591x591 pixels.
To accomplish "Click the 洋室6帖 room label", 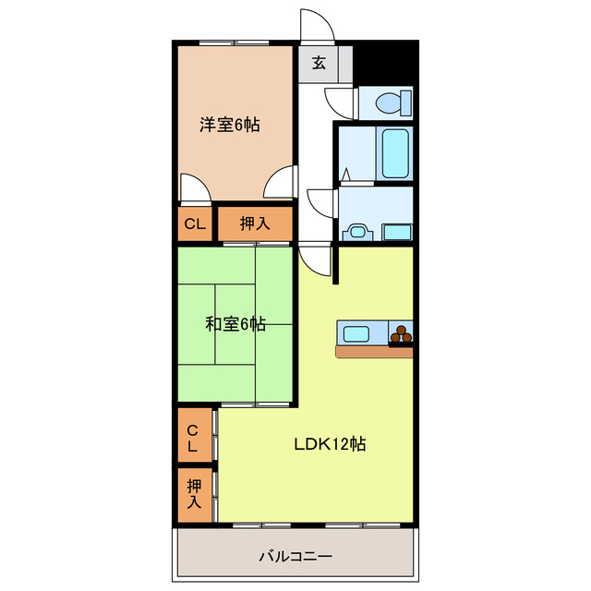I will [230, 125].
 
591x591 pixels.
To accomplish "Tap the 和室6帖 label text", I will [235, 324].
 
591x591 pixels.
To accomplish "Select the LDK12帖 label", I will [330, 444].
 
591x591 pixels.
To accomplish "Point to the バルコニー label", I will [295, 557].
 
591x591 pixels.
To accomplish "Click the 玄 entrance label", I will [319, 64].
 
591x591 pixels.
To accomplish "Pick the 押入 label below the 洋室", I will [255, 223].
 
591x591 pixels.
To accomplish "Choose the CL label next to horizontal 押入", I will [194, 223].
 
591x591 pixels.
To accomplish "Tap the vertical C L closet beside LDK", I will [193, 438].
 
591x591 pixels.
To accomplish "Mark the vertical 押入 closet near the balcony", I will [194, 493].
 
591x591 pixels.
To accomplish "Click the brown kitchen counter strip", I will [373, 352].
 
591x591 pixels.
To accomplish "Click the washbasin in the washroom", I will [356, 232].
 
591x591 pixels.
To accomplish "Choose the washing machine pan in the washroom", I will [397, 231].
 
